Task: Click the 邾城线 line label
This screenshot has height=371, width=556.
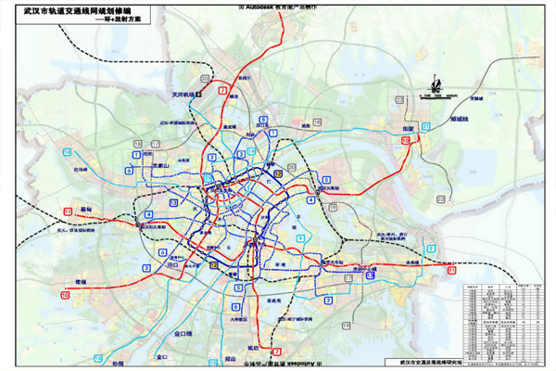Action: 461,120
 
